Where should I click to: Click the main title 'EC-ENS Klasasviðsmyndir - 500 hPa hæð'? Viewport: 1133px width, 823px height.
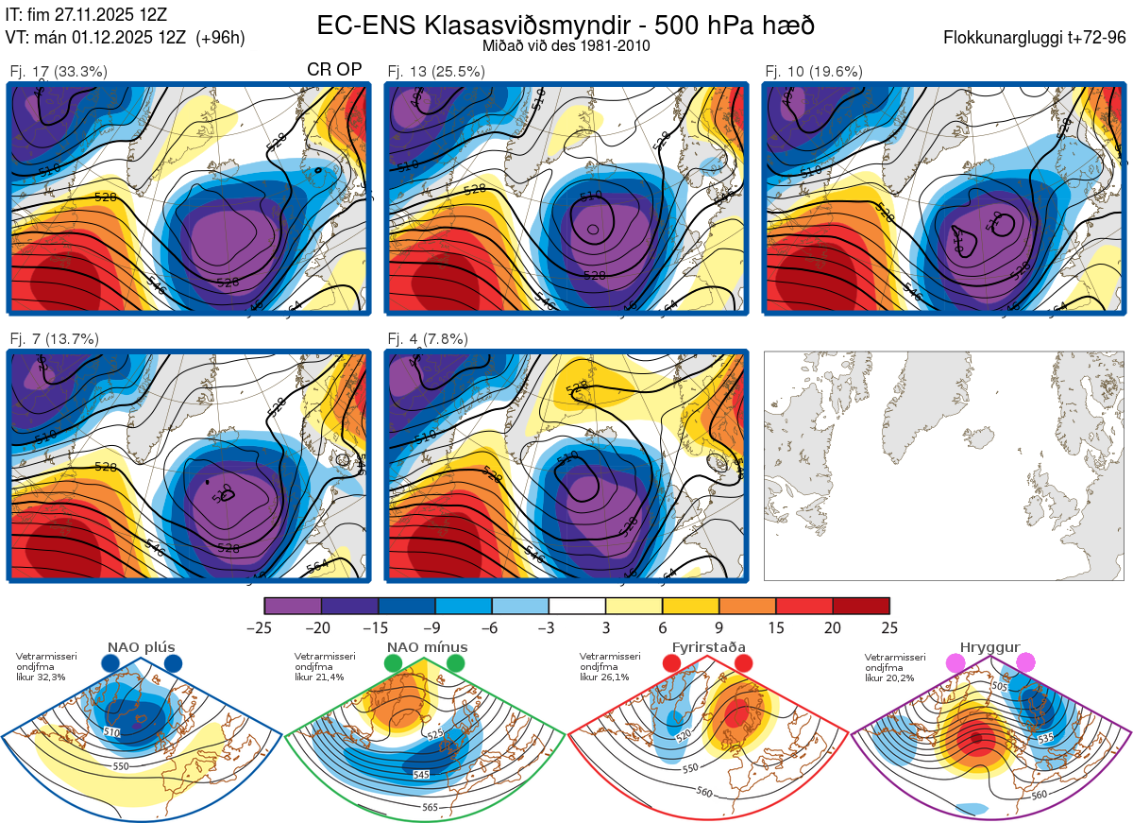(x=566, y=26)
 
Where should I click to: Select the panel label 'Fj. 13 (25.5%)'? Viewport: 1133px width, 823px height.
(x=436, y=71)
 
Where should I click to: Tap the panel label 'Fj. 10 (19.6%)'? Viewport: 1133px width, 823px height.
(x=814, y=71)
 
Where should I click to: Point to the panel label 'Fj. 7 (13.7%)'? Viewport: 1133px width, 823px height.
(x=55, y=339)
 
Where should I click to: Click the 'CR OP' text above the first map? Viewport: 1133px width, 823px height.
(x=335, y=70)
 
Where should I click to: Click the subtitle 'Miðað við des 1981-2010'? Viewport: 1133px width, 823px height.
(x=566, y=45)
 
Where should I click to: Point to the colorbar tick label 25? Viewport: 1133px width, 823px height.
(x=889, y=627)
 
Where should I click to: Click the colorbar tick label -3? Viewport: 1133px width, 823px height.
(x=549, y=627)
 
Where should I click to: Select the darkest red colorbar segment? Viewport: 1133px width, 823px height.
(x=861, y=606)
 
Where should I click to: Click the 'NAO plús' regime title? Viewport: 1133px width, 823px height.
(x=141, y=647)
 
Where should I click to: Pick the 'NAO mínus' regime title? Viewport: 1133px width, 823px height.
(x=427, y=647)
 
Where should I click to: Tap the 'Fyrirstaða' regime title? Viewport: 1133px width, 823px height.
(x=708, y=647)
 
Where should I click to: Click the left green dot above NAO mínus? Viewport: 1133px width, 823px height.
(x=394, y=664)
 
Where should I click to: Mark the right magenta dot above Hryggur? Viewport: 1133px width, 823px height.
(x=1025, y=663)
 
